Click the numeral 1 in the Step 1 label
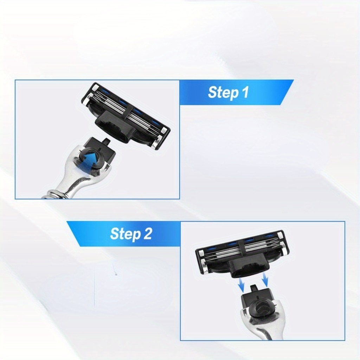coord(245,92)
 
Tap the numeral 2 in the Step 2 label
coord(148,233)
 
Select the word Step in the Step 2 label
coord(125,234)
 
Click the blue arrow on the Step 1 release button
coord(90,159)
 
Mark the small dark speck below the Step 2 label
coord(116,274)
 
